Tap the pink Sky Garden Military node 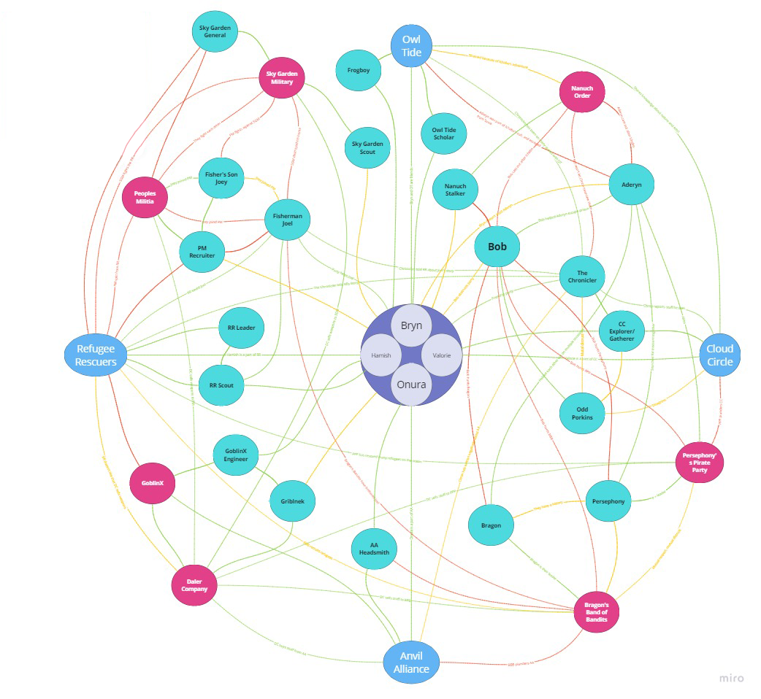(280, 78)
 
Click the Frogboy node (358, 71)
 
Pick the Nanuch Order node (581, 93)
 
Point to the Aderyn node (630, 185)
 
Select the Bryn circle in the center (412, 326)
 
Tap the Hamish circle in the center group (381, 355)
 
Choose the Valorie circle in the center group (442, 355)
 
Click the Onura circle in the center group (412, 385)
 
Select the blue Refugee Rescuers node (96, 355)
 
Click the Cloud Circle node (719, 355)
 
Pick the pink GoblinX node (152, 482)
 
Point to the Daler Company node (194, 584)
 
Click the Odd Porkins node (582, 413)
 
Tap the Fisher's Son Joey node (221, 178)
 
